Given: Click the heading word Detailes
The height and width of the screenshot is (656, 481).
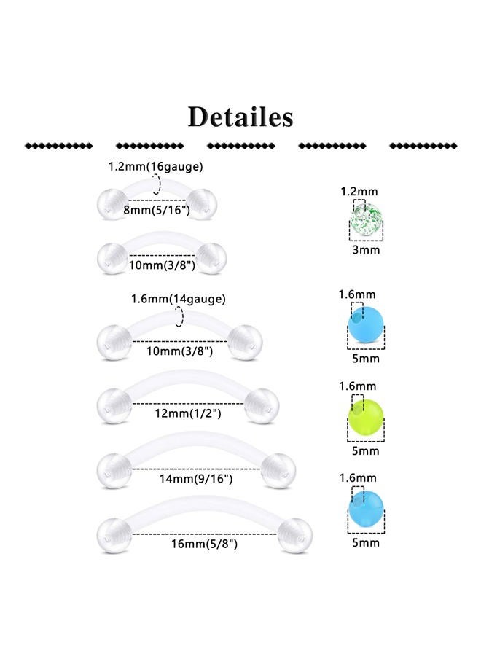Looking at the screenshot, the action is [x=240, y=117].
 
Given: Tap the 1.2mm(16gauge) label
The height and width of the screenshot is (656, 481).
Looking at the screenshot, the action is [x=155, y=166].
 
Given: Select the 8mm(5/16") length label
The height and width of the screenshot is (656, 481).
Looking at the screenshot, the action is [x=157, y=210].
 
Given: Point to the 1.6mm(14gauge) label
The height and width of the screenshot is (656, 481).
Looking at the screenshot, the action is [x=178, y=299].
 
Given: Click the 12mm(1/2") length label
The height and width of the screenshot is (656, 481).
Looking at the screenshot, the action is [x=188, y=413].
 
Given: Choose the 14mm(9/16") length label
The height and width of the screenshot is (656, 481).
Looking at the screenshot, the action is [x=196, y=478].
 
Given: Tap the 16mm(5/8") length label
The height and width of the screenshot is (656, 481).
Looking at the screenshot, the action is [x=204, y=544].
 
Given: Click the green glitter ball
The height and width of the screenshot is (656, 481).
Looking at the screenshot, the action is [x=366, y=219].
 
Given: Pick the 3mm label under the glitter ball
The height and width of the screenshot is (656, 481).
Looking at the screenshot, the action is [x=366, y=250].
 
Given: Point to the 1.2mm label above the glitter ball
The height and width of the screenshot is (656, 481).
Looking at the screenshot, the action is [x=359, y=192].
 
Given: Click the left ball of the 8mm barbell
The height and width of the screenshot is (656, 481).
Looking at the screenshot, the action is [x=112, y=204].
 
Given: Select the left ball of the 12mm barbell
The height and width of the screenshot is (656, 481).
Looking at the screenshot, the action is [x=114, y=405].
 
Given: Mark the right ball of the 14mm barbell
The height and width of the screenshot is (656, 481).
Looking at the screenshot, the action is [x=278, y=470].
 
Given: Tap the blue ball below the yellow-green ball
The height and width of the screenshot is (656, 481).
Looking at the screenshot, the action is [x=366, y=509].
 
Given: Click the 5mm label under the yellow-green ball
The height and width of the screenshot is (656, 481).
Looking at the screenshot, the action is [x=366, y=450].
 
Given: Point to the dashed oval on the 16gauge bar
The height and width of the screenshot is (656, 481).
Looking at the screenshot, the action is [x=156, y=184].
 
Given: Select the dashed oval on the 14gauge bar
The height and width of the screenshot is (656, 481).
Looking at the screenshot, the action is [x=179, y=317].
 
